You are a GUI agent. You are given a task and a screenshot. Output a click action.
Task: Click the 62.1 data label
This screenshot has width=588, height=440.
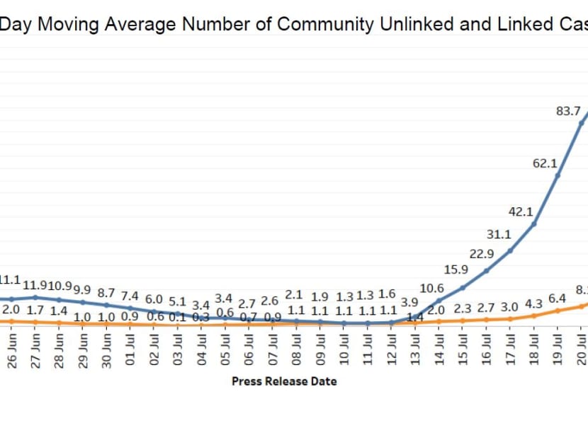click(545, 163)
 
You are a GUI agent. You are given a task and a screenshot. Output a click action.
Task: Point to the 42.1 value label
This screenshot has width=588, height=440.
click(521, 212)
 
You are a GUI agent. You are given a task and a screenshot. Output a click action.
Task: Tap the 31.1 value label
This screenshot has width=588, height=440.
click(498, 235)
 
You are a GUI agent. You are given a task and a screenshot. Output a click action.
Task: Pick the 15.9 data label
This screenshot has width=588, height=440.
click(456, 270)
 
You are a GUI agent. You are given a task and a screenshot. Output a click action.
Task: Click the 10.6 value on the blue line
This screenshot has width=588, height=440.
click(431, 288)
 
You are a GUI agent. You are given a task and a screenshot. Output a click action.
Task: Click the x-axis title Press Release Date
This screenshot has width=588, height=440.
click(284, 381)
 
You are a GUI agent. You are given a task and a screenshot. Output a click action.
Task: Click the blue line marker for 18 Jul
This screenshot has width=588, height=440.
click(534, 224)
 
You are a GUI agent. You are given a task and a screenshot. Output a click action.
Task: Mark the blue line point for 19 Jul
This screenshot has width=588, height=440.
click(558, 175)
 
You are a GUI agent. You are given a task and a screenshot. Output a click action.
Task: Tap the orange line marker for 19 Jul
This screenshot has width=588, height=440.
click(558, 310)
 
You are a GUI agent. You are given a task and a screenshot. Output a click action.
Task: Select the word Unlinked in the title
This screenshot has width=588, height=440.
click(412, 24)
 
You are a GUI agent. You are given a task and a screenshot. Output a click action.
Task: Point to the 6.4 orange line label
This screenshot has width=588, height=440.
click(558, 298)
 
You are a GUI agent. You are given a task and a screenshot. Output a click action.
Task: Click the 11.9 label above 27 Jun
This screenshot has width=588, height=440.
click(35, 285)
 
